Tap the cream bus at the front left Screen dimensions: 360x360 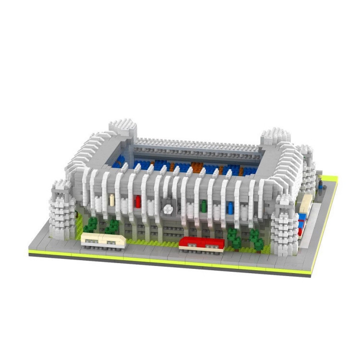click(x=103, y=240)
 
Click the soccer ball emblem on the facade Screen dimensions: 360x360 click(x=168, y=208)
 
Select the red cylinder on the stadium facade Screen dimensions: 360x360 click(x=138, y=201)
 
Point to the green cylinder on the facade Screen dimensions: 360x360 click(x=204, y=205)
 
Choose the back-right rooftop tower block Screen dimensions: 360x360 click(x=276, y=138)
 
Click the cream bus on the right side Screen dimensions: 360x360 click(x=306, y=204)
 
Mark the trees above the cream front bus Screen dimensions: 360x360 click(x=101, y=226)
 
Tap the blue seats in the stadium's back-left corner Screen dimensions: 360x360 click(x=120, y=161)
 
